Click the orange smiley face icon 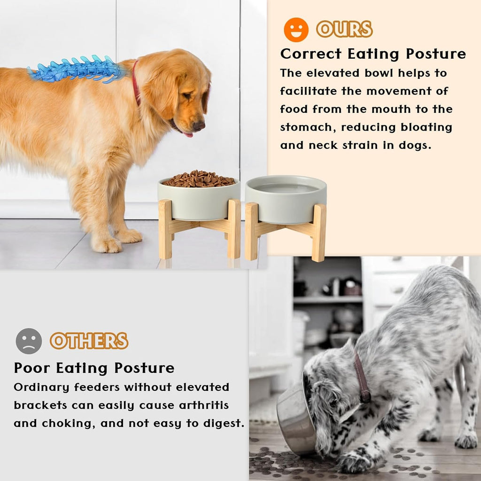pos(296,30)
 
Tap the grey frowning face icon pos(29,341)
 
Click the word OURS pos(344,30)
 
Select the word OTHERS pos(89,341)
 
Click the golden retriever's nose pos(199,125)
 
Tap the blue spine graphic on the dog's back pos(75,70)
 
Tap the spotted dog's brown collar pos(363,378)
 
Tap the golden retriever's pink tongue pos(188,134)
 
